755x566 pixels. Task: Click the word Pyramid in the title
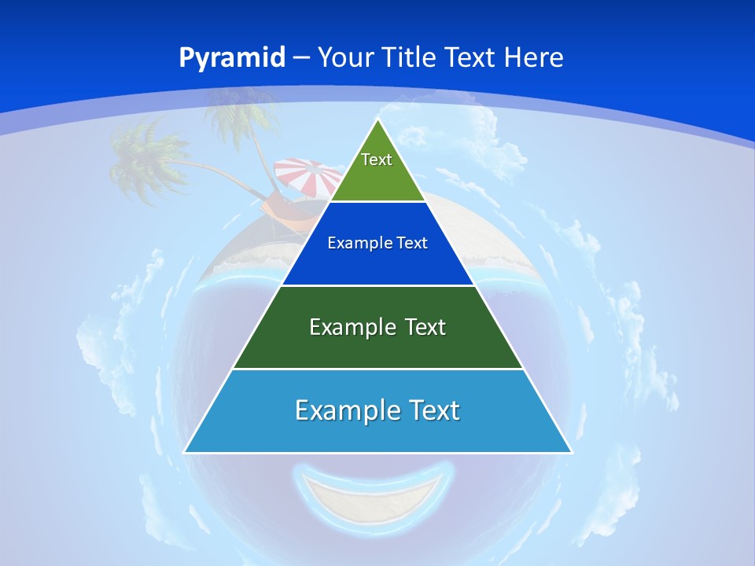231,58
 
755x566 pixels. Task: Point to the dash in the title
301,58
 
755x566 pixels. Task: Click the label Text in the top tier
377,160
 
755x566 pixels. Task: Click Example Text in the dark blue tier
377,243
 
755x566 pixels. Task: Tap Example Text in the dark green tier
377,327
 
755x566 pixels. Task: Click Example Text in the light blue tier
377,410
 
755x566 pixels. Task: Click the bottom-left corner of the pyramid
185,452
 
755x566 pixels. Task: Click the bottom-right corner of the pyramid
571,452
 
